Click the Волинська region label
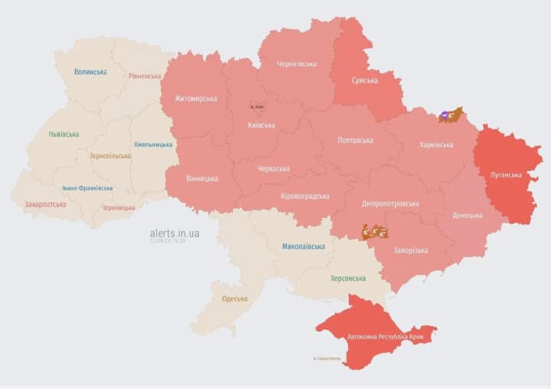pos(90,72)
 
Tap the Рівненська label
pos(145,76)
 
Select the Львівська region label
pos(64,134)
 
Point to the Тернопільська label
pos(110,156)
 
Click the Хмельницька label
pos(153,144)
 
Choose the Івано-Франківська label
pos(87,188)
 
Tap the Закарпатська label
pos(45,205)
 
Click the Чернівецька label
pos(119,208)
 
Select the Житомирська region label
pos(195,99)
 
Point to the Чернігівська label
pos(297,64)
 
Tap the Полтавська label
pos(355,141)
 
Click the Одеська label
pos(234,299)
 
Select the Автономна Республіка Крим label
pos(386,337)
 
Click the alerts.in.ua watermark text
pos(175,233)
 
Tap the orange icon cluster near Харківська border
pos(450,116)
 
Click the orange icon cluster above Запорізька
pos(374,232)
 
